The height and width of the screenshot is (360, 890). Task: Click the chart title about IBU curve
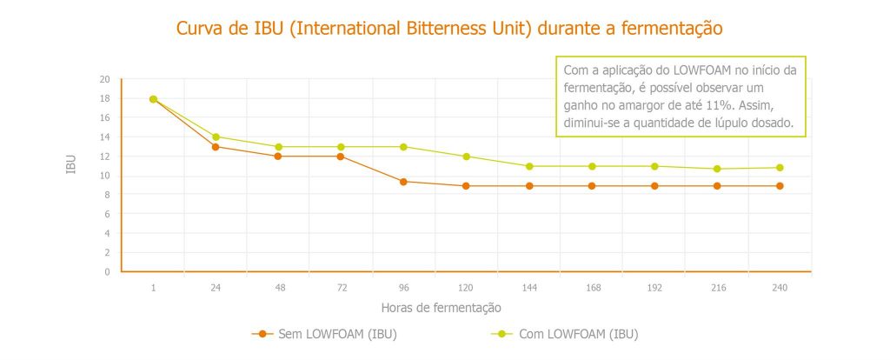[449, 28]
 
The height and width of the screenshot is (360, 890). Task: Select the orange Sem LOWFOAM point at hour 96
[403, 182]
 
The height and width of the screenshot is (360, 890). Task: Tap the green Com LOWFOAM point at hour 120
[466, 157]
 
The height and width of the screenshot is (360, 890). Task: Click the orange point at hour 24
[216, 146]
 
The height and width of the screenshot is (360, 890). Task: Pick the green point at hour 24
[216, 137]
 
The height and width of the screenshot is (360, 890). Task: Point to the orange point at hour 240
[780, 186]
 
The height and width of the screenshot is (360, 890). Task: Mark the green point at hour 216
[717, 169]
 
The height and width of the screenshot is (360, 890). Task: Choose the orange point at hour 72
[341, 157]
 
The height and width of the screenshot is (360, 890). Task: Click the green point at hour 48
[278, 147]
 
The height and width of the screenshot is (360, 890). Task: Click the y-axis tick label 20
[104, 79]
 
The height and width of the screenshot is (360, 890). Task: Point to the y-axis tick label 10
[104, 176]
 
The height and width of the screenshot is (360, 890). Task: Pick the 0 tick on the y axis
[107, 272]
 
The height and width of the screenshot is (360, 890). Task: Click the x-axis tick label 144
[528, 288]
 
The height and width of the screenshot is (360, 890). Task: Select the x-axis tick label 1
[153, 288]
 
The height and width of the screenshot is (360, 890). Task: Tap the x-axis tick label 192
[654, 288]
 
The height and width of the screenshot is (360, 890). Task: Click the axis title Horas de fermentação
[441, 308]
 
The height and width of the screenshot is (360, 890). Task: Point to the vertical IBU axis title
[71, 164]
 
